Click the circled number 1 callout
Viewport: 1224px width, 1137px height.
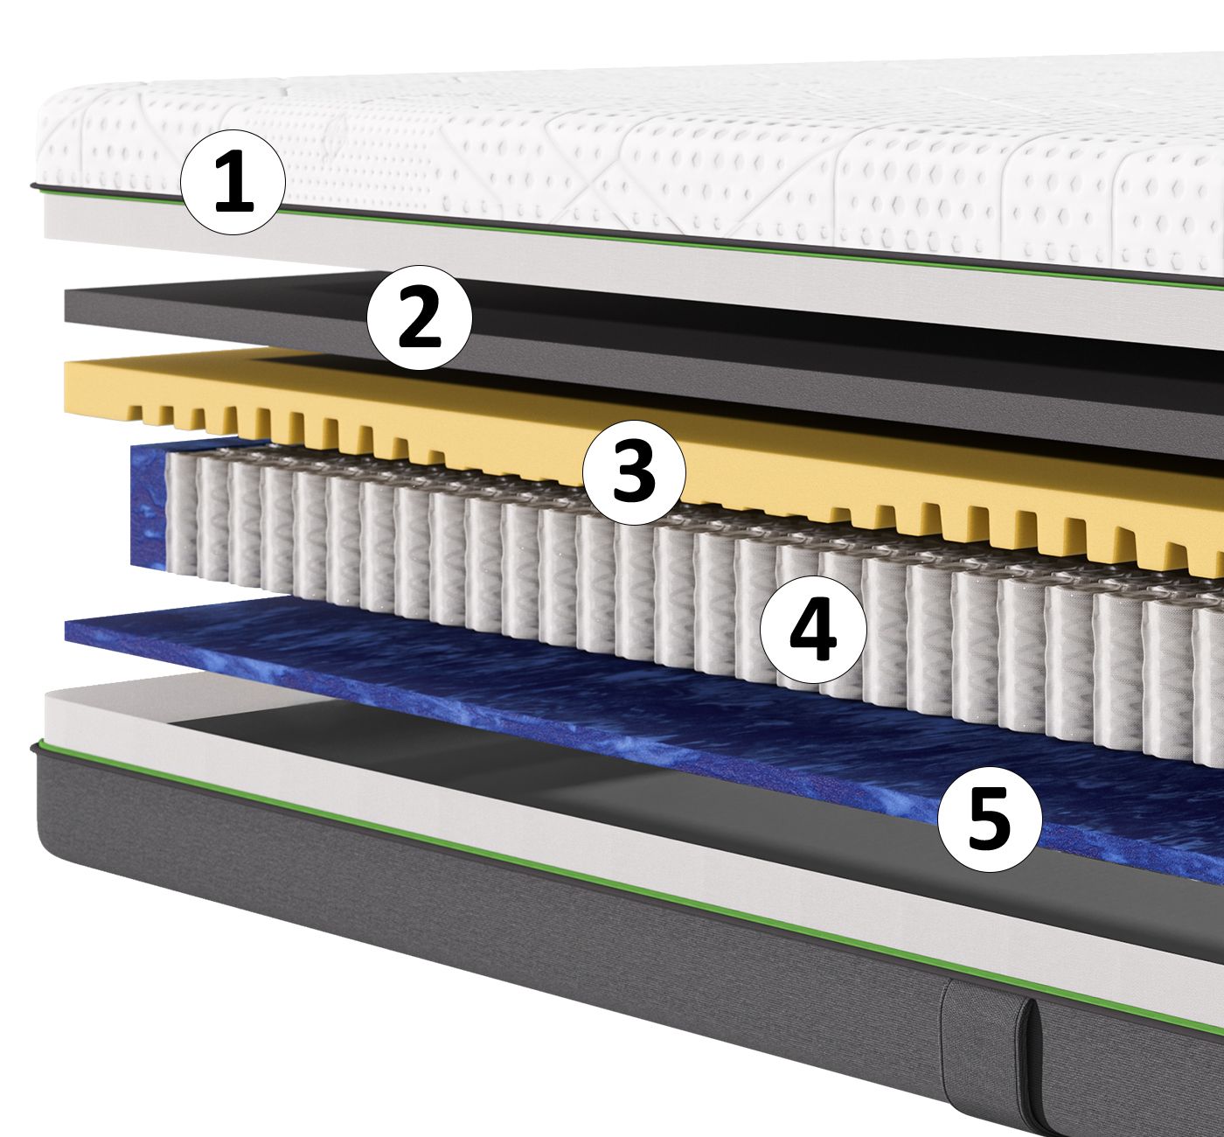pos(233,183)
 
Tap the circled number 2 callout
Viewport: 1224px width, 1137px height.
pos(419,317)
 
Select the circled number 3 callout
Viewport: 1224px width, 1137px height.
pos(634,471)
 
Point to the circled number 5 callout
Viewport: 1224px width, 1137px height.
pos(990,820)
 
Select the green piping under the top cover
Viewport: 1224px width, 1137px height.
pos(612,234)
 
